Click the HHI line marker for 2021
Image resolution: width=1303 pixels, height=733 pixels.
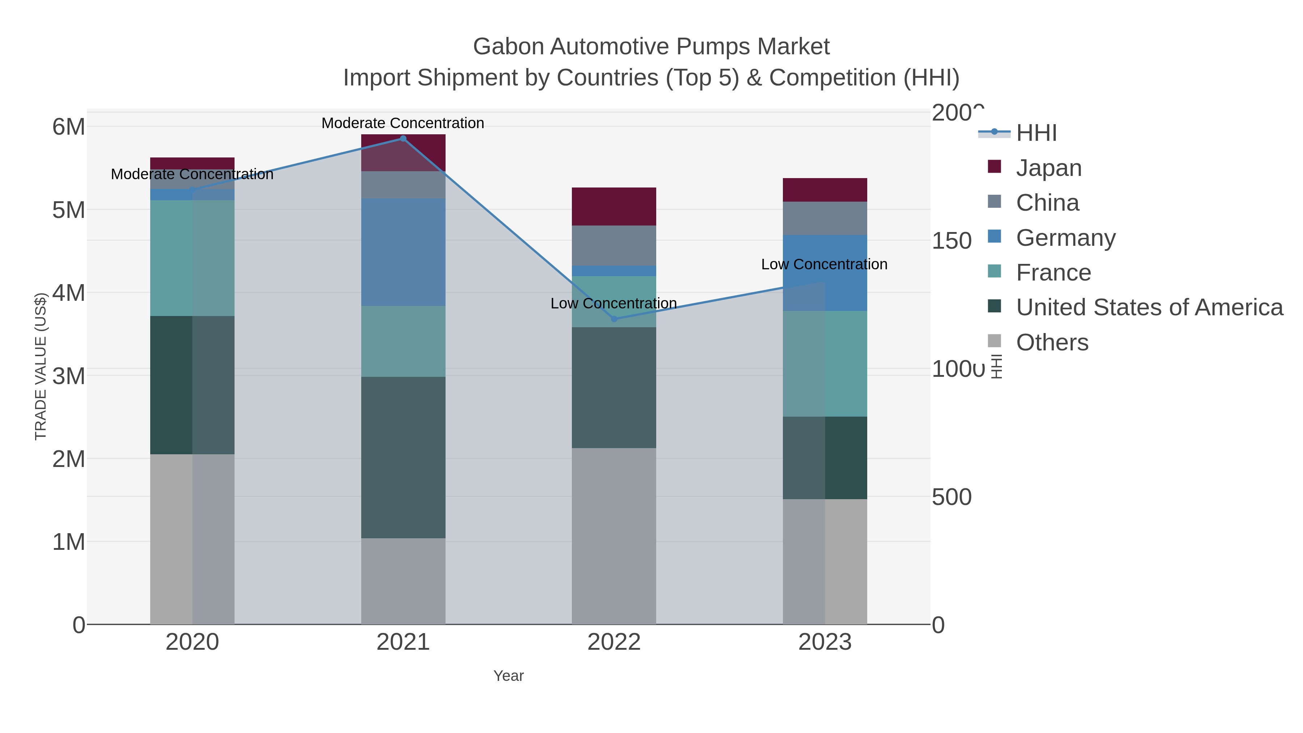click(403, 139)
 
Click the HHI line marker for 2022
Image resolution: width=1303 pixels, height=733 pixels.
click(614, 319)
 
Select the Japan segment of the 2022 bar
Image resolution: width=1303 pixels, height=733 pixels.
click(614, 206)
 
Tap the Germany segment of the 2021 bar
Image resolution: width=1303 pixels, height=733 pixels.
click(403, 252)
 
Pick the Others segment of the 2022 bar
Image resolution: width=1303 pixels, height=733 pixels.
click(614, 536)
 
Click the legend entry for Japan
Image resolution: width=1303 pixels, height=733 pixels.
click(1049, 168)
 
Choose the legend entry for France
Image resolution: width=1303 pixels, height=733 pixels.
click(1053, 273)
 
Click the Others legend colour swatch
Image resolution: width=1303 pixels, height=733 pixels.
click(995, 341)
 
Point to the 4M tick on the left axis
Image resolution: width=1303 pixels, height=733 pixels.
click(69, 293)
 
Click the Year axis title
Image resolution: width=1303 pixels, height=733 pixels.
click(509, 676)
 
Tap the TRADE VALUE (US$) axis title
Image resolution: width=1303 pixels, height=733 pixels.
click(41, 366)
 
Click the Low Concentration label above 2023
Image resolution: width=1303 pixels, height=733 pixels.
click(824, 264)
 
